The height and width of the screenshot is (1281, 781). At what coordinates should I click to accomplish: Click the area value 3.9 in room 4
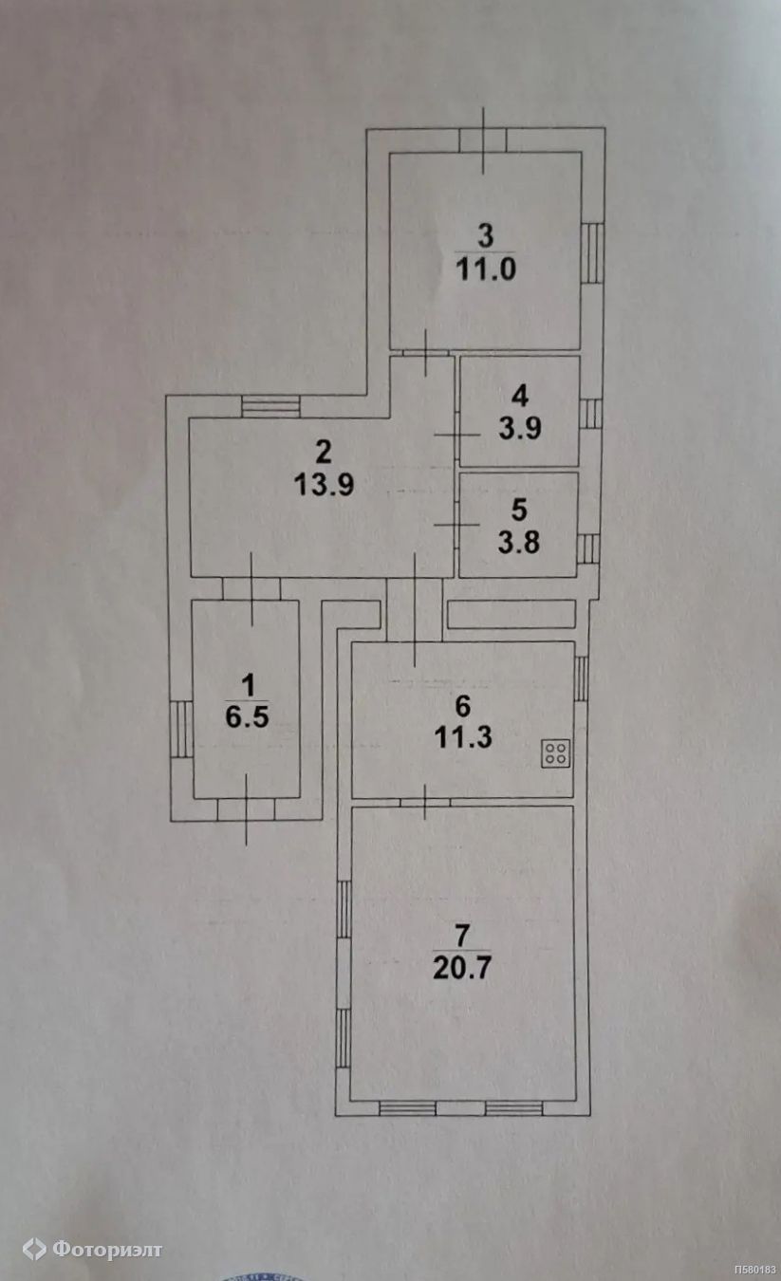519,428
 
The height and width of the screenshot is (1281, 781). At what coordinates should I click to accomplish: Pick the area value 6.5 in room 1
247,716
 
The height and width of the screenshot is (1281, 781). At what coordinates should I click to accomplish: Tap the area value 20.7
461,969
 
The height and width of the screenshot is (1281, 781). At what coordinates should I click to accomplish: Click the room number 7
461,935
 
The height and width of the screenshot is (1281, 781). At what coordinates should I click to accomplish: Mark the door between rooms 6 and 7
424,803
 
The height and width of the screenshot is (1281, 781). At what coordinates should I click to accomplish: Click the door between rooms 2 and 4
456,434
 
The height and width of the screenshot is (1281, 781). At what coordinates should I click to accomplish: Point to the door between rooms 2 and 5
456,525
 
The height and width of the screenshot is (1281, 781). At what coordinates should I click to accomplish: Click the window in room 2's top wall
270,407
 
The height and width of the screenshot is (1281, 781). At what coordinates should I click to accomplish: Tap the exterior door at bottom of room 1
246,808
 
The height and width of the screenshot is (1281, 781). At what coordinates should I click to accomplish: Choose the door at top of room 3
483,139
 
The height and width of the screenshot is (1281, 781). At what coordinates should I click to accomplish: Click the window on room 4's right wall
590,414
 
